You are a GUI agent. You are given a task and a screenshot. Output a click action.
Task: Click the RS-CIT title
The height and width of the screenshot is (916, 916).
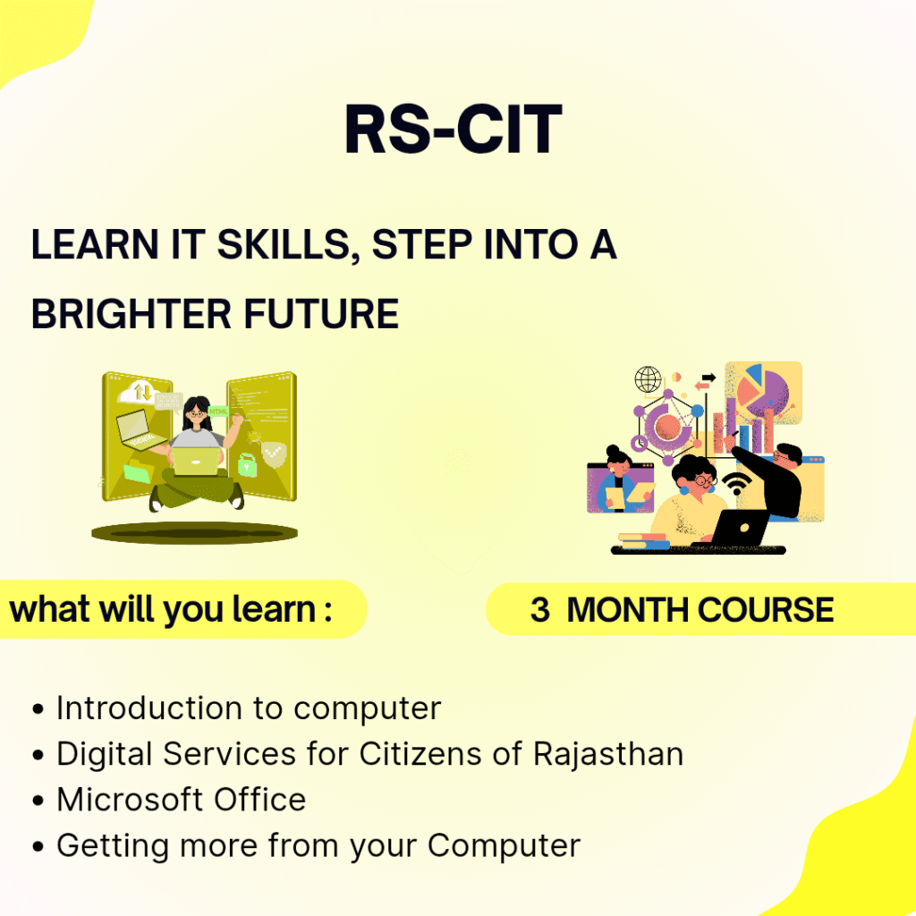click(454, 129)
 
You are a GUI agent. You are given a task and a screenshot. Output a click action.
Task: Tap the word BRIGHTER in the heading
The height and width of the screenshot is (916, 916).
click(131, 314)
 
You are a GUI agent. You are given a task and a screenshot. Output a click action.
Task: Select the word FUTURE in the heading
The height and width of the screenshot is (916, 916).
click(321, 314)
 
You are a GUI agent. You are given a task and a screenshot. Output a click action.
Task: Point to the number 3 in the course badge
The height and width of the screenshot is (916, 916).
click(539, 610)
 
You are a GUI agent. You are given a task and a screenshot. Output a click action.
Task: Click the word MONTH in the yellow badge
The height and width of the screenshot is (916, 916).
click(629, 610)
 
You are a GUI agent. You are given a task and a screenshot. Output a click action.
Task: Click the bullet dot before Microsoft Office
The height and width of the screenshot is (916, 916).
click(38, 801)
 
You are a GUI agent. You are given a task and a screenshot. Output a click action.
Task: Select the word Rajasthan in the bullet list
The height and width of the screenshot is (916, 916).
click(608, 754)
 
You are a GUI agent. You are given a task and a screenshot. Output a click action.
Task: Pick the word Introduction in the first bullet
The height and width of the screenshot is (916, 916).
click(149, 708)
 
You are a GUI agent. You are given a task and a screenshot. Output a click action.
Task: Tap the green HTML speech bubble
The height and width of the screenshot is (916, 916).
click(218, 411)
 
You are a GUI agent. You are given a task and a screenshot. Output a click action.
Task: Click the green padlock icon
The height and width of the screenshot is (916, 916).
click(247, 464)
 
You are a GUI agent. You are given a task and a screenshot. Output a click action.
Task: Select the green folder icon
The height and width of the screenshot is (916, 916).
click(138, 471)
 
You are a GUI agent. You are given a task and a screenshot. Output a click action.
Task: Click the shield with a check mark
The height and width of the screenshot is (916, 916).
click(274, 454)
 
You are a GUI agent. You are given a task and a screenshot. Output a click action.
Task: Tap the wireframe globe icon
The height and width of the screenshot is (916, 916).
click(648, 379)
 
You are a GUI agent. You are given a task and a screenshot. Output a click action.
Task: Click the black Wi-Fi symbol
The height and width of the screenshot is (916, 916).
click(737, 483)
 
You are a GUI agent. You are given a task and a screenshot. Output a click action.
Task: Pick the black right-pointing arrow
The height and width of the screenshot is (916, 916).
click(708, 377)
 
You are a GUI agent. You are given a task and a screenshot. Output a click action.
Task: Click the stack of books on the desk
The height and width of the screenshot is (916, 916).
click(644, 541)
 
